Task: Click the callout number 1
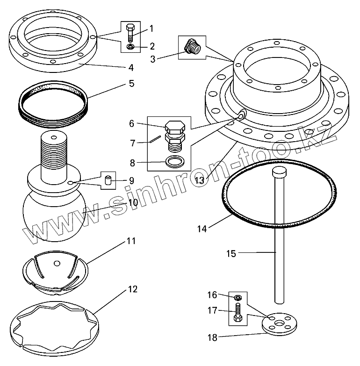[151, 29]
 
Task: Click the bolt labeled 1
[130, 33]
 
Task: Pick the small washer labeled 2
[130, 47]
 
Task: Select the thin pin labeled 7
[155, 139]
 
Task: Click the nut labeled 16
[238, 297]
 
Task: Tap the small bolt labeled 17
[238, 314]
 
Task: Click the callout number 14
[202, 229]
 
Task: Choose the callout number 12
[132, 289]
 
